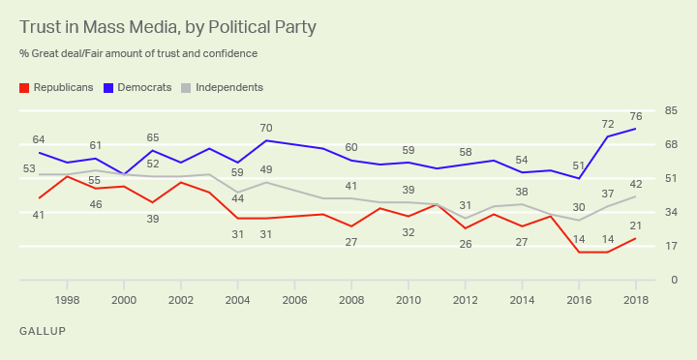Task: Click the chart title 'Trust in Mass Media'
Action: click(167, 27)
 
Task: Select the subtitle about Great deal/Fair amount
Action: click(138, 53)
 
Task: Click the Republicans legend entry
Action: click(57, 87)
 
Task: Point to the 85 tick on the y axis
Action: click(670, 110)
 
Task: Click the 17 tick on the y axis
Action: click(670, 246)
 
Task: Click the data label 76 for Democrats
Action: click(635, 117)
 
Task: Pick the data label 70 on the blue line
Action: click(266, 128)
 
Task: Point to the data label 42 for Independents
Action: click(635, 184)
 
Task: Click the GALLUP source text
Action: click(43, 331)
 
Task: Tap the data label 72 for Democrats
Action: click(607, 124)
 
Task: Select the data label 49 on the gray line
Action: click(266, 169)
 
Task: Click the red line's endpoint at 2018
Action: click(635, 238)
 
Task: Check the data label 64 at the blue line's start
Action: click(39, 139)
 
